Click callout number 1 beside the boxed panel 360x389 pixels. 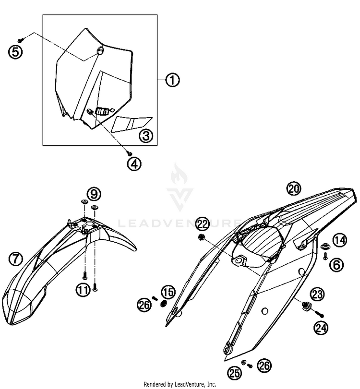point(172,80)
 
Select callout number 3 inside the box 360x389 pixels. point(146,137)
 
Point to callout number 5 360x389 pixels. point(15,51)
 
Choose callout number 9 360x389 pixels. point(94,194)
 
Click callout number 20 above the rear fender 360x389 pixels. point(294,189)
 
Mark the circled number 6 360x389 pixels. point(336,263)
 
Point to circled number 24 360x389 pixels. point(321,328)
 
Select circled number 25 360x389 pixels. point(235,372)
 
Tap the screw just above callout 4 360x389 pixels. point(130,153)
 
